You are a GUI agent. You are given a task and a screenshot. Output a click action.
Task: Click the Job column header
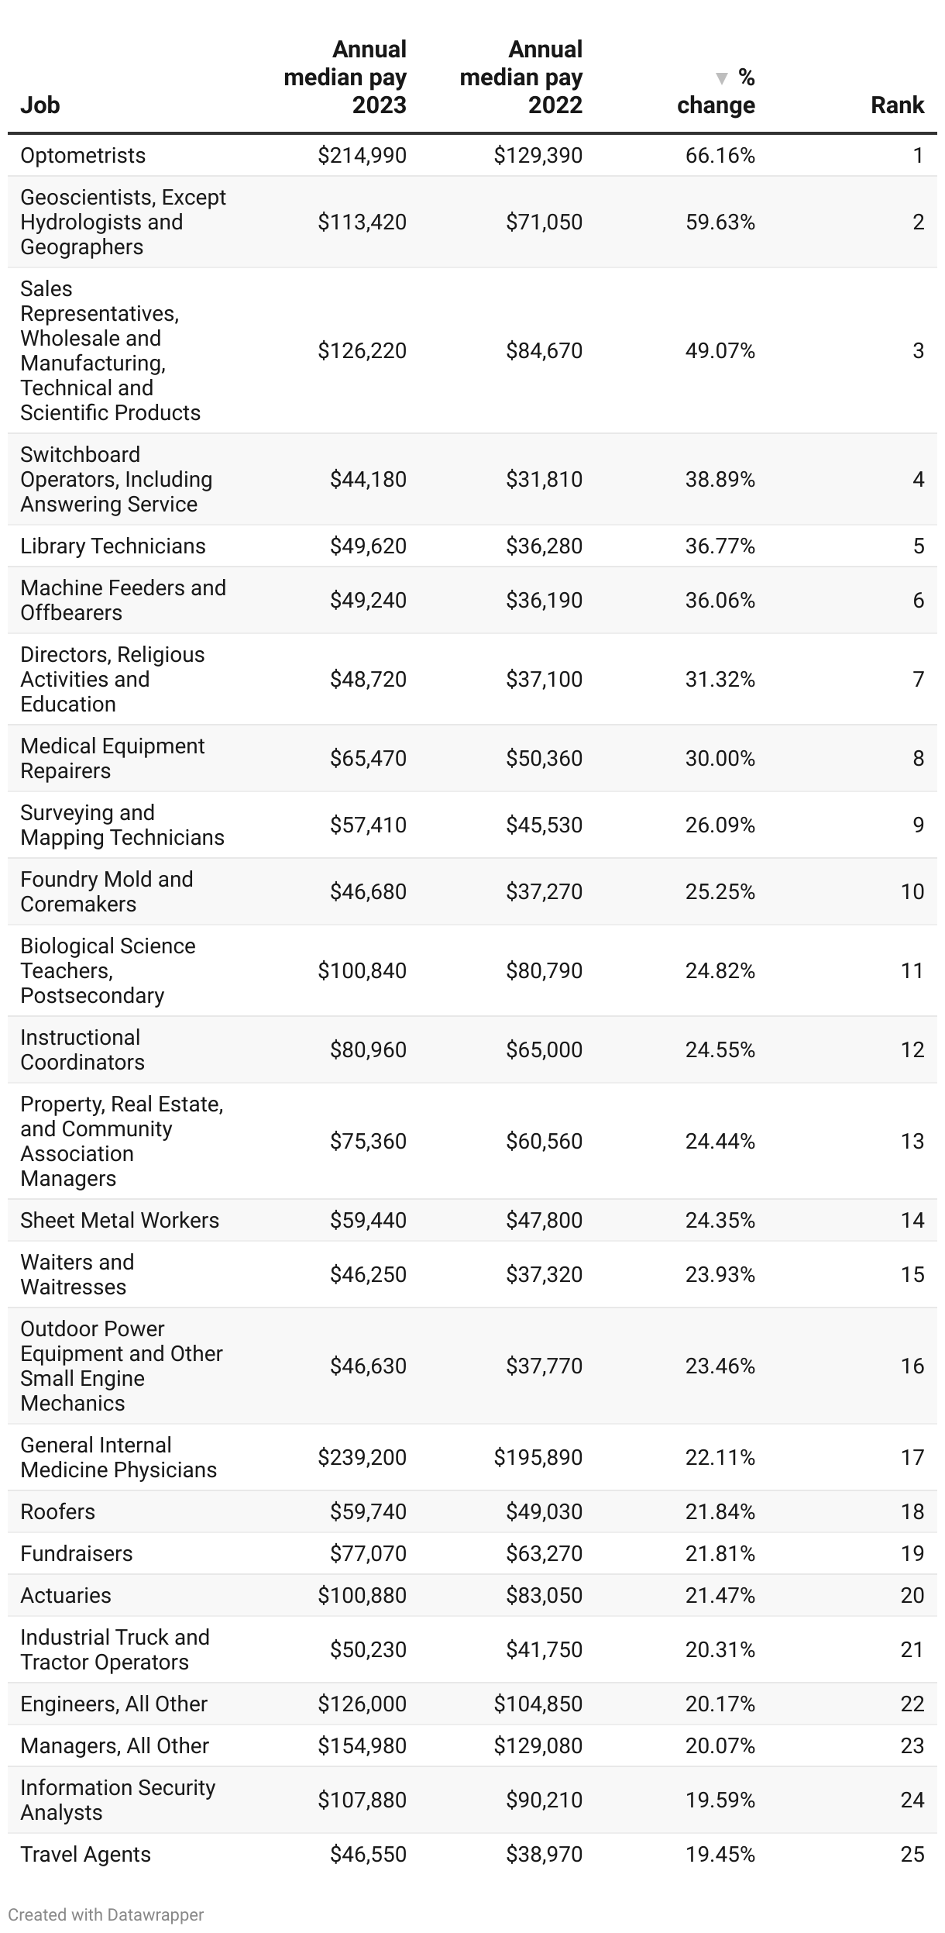tap(40, 105)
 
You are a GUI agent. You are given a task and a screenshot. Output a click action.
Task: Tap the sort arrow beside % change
tap(722, 78)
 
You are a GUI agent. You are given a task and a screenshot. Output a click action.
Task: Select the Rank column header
tap(897, 105)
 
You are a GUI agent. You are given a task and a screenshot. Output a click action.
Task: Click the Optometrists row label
tap(83, 156)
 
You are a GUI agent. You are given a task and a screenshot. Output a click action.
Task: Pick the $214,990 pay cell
tap(362, 156)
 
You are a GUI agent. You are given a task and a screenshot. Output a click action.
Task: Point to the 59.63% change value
tap(720, 222)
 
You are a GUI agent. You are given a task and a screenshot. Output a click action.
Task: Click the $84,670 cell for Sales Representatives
tap(544, 351)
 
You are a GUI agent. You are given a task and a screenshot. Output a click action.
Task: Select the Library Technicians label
tap(113, 546)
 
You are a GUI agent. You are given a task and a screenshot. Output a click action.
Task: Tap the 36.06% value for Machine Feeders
tap(720, 601)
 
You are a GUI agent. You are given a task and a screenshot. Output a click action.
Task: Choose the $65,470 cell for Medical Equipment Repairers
tap(368, 758)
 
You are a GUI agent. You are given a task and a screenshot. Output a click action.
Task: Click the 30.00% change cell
tap(720, 758)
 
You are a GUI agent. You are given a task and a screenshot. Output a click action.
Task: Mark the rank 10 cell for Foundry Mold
tap(912, 891)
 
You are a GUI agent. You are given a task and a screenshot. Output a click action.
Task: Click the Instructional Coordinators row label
tap(82, 1049)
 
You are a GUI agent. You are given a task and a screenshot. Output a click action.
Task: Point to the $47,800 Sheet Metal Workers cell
tap(544, 1220)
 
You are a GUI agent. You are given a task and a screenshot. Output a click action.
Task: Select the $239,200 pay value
tap(362, 1457)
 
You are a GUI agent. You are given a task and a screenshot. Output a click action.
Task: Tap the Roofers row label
tap(58, 1511)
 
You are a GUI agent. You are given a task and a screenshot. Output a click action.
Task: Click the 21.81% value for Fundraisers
tap(720, 1553)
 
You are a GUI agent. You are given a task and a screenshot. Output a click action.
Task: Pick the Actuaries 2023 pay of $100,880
tap(362, 1595)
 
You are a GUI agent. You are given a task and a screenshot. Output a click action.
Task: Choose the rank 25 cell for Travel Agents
tap(912, 1854)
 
